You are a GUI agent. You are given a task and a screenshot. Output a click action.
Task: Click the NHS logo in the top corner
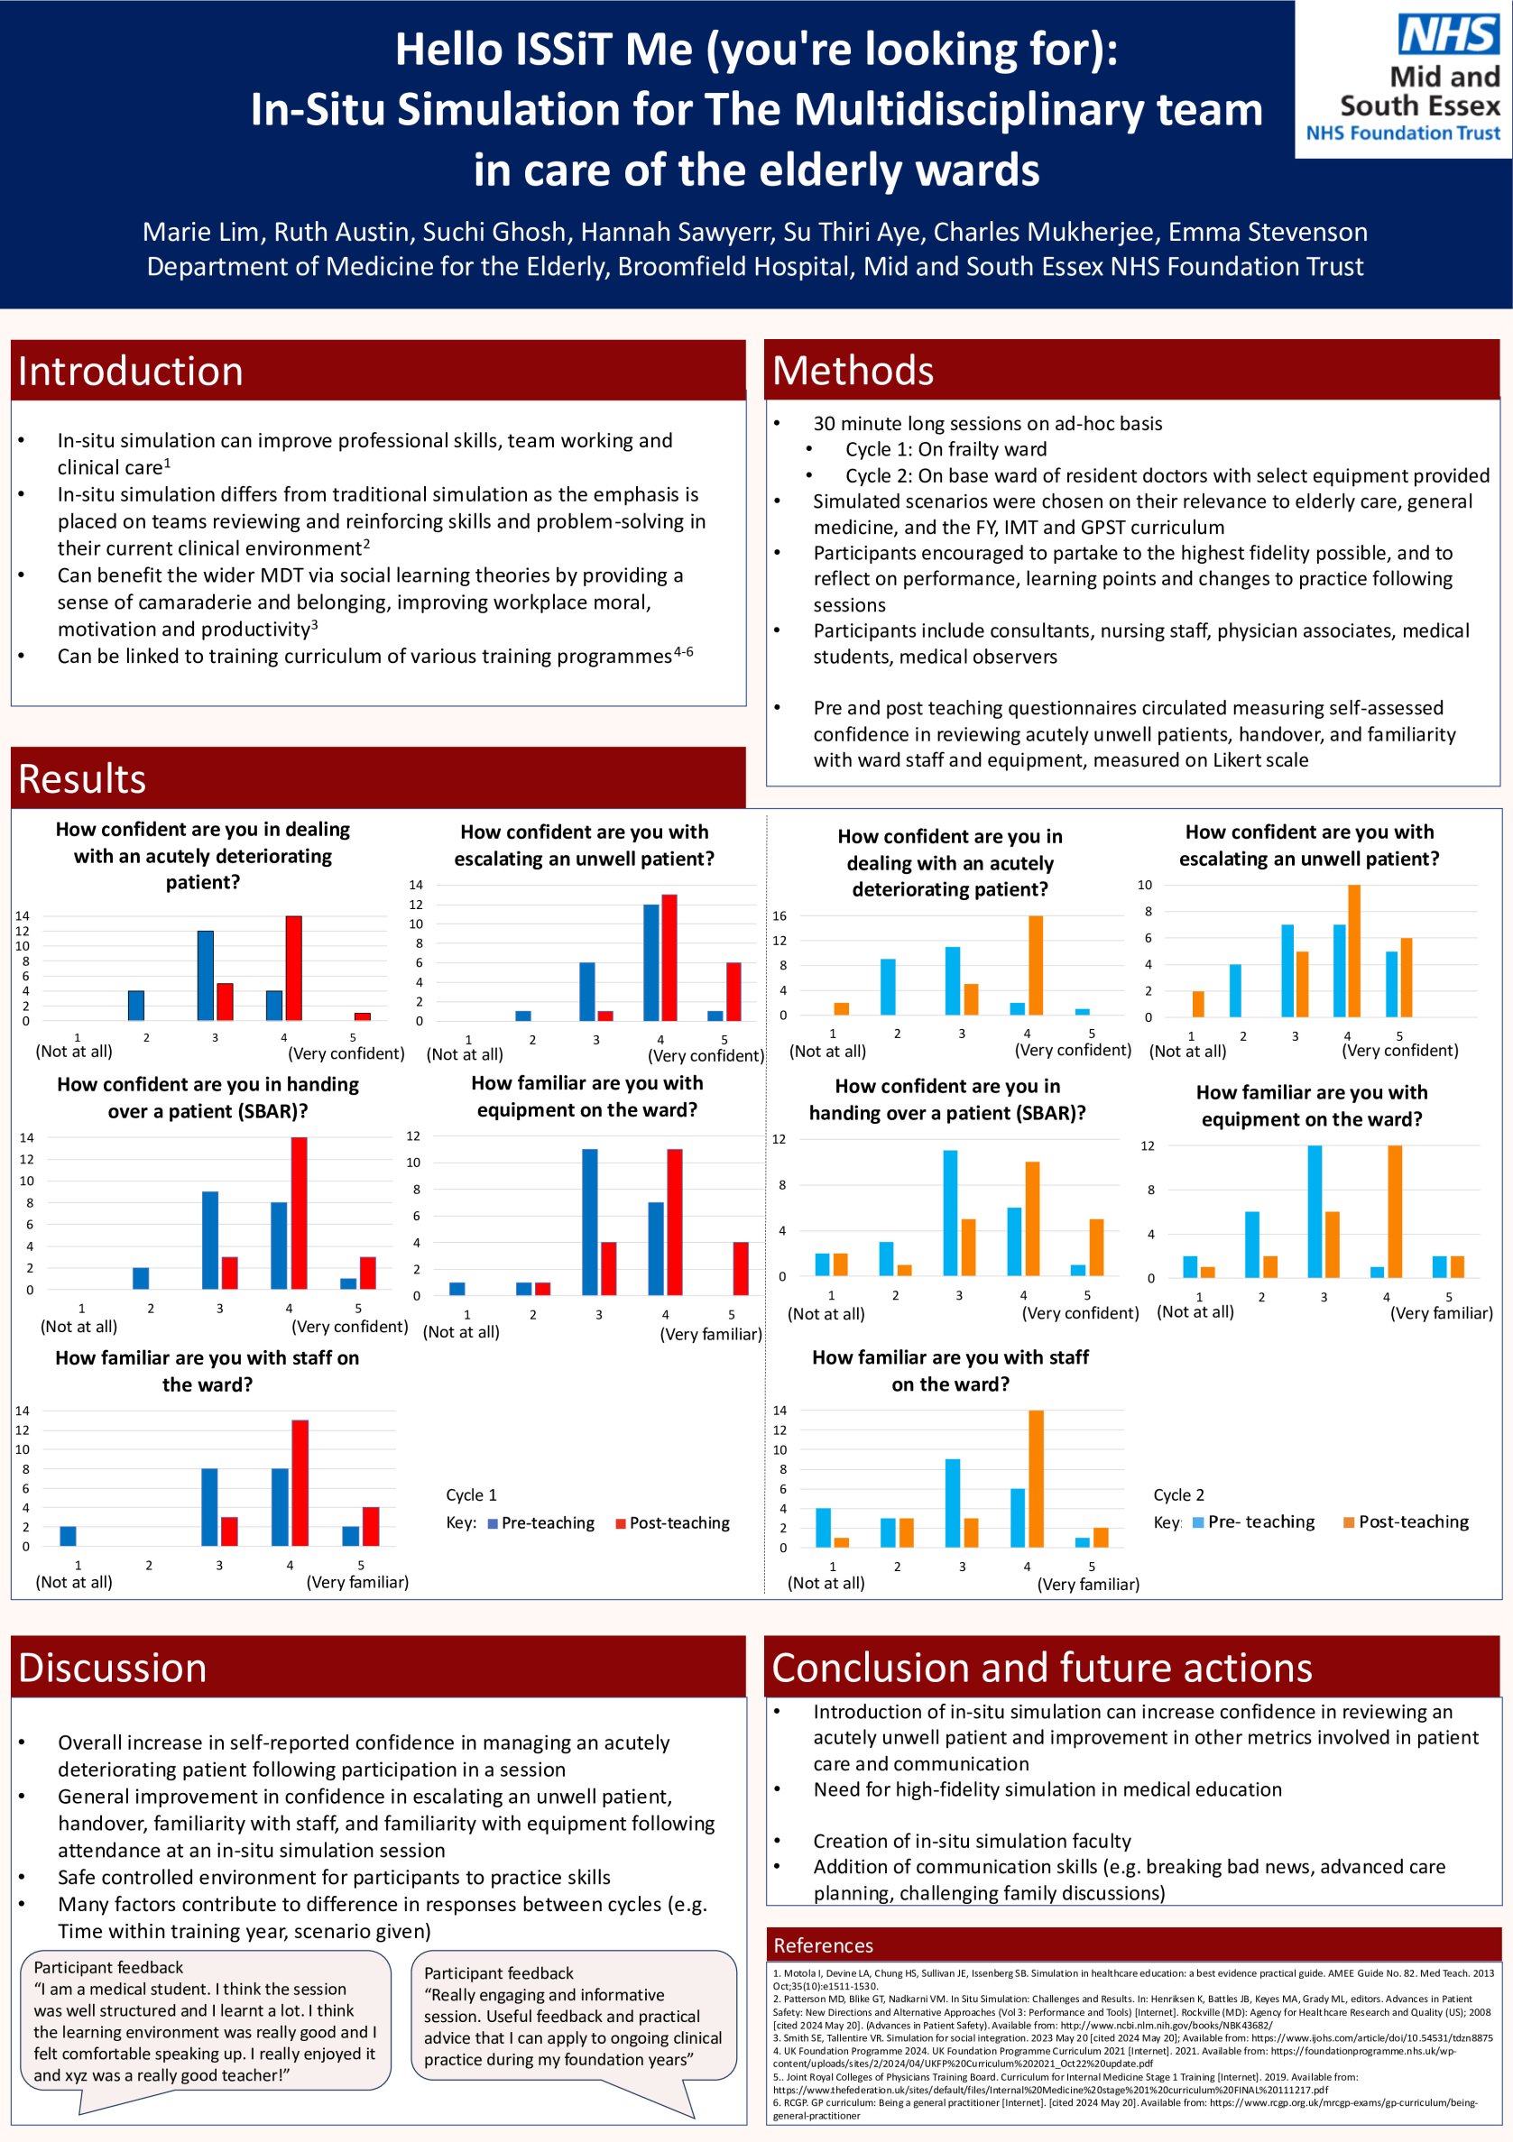pyautogui.click(x=1449, y=34)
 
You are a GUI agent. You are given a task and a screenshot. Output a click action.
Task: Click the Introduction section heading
pyautogui.click(x=131, y=372)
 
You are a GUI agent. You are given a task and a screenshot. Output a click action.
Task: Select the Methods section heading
pyautogui.click(x=853, y=371)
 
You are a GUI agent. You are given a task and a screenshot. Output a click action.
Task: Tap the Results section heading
pyautogui.click(x=82, y=779)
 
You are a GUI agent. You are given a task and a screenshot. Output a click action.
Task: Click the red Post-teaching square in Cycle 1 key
pyautogui.click(x=621, y=1523)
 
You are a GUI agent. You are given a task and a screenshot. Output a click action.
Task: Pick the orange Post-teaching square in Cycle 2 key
pyautogui.click(x=1349, y=1522)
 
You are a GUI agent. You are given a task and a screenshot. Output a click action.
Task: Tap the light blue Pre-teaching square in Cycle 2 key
pyautogui.click(x=1198, y=1522)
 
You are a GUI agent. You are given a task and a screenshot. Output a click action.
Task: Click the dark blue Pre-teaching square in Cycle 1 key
pyautogui.click(x=493, y=1523)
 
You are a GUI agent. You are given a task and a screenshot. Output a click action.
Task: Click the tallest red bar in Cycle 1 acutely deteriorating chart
pyautogui.click(x=294, y=968)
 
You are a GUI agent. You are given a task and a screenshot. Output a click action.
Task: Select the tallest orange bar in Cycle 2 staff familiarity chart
pyautogui.click(x=1036, y=1479)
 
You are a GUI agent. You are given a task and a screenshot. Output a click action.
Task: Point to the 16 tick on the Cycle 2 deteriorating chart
pyautogui.click(x=780, y=916)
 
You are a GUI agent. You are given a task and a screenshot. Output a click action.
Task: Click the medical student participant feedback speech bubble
pyautogui.click(x=206, y=2033)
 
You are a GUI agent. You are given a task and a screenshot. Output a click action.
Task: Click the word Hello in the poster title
pyautogui.click(x=448, y=50)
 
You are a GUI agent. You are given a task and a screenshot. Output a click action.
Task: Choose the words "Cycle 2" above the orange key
pyautogui.click(x=1179, y=1495)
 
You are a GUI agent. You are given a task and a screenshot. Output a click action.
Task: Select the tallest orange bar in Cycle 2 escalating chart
pyautogui.click(x=1354, y=951)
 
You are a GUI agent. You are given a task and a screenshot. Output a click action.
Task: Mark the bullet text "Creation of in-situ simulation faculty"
pyautogui.click(x=972, y=1860)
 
